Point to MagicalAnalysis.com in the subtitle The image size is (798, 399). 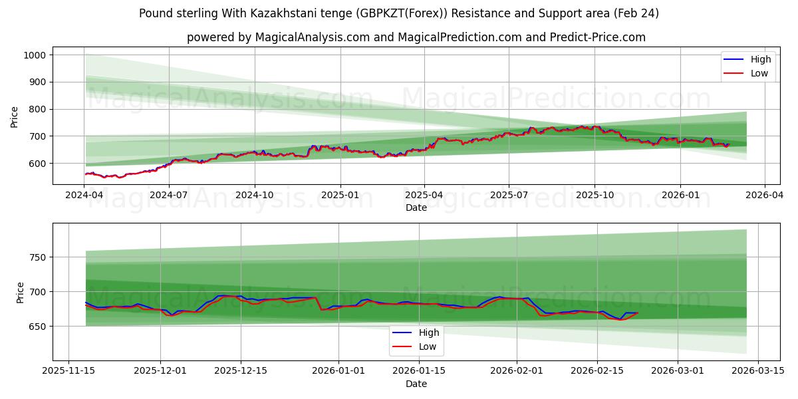313,37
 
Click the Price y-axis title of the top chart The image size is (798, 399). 15,116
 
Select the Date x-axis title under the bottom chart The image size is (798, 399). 416,384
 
